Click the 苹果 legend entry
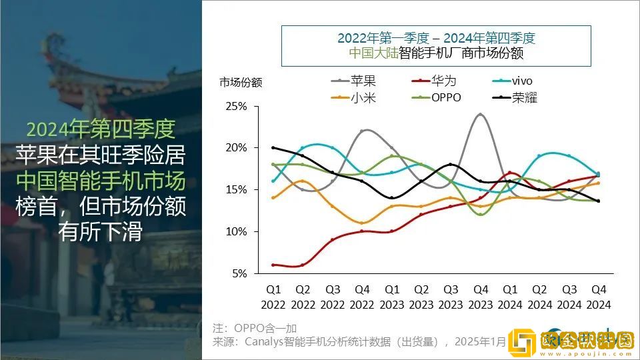363,81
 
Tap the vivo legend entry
522,81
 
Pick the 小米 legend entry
363,97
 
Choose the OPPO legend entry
446,97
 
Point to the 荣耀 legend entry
524,97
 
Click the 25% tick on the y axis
237,106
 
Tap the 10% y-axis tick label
237,231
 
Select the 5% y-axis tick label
239,273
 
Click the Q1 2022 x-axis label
273,297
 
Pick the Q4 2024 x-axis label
597,297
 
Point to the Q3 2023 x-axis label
451,297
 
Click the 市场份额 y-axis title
241,83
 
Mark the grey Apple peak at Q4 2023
480,114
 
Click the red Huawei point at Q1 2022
273,265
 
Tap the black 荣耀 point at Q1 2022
273,147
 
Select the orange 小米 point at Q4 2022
362,223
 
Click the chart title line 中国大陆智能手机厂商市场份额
436,53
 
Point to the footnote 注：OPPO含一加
255,329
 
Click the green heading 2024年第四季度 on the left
101,127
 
